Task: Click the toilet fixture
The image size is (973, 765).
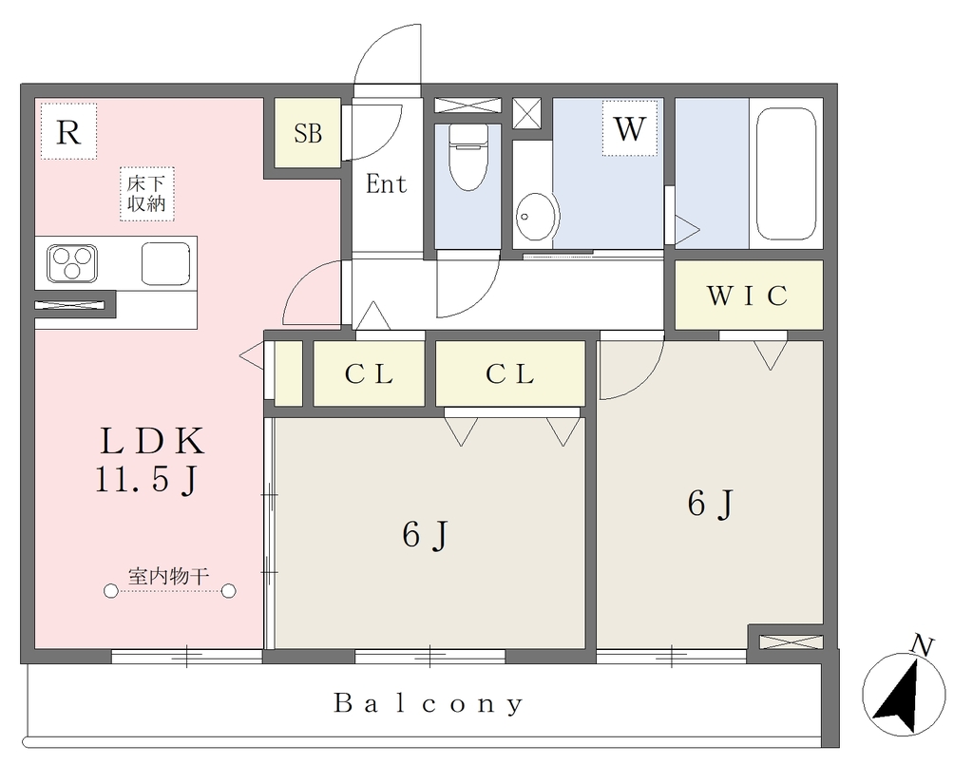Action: pyautogui.click(x=467, y=157)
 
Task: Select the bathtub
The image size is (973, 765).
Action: pyautogui.click(x=786, y=174)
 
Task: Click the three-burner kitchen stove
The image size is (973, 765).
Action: pyautogui.click(x=72, y=263)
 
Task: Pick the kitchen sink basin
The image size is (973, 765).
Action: pyautogui.click(x=165, y=263)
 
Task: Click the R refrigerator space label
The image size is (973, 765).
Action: pyautogui.click(x=68, y=131)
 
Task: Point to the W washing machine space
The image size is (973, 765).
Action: pyautogui.click(x=629, y=128)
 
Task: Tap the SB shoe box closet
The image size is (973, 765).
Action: pyautogui.click(x=308, y=132)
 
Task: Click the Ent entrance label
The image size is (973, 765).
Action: pyautogui.click(x=386, y=183)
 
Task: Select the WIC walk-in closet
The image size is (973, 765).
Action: pyautogui.click(x=749, y=295)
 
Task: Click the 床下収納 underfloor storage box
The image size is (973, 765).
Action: pyautogui.click(x=146, y=194)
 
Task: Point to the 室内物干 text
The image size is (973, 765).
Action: pyautogui.click(x=168, y=577)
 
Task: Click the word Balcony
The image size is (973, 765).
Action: pyautogui.click(x=429, y=703)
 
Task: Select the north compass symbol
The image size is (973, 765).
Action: pyautogui.click(x=905, y=689)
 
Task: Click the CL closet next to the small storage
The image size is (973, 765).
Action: pyautogui.click(x=369, y=373)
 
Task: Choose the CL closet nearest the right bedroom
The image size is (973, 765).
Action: pyautogui.click(x=510, y=373)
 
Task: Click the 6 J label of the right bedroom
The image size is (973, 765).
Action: pyautogui.click(x=711, y=504)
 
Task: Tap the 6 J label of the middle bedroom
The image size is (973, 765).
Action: pyautogui.click(x=425, y=535)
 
